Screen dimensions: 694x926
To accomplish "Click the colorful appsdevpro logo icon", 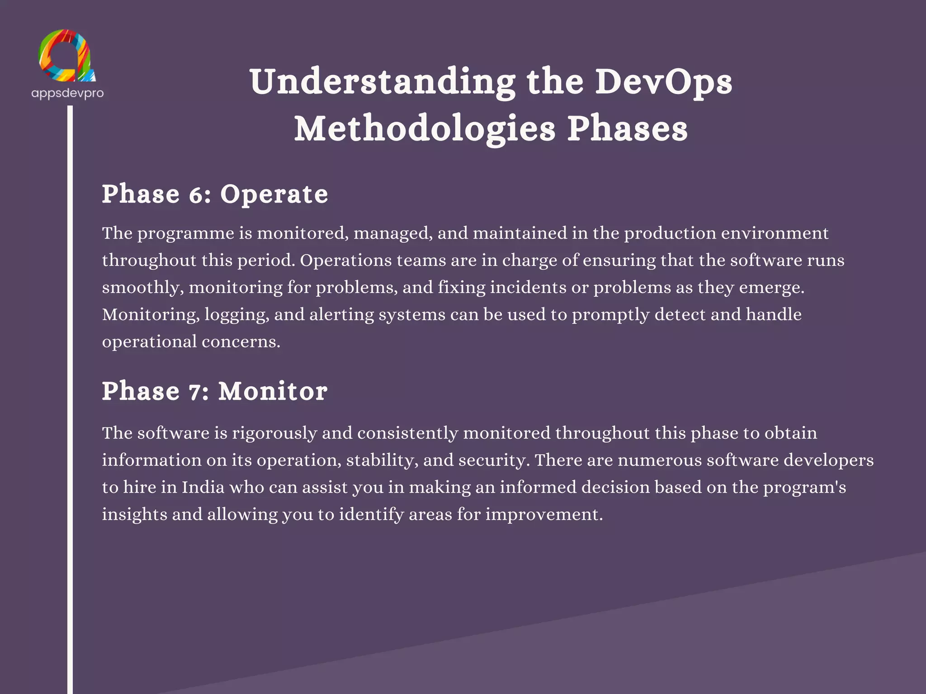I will [67, 56].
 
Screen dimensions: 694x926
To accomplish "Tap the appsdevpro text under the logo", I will [67, 93].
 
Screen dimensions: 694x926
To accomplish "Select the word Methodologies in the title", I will [425, 129].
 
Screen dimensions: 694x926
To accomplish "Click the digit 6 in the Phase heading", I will [197, 195].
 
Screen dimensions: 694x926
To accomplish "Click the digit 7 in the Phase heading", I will [196, 392].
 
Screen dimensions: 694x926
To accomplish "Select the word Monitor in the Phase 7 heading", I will [273, 391].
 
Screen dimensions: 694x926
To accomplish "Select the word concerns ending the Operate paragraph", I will [241, 342].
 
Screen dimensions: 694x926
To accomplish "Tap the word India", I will [203, 487].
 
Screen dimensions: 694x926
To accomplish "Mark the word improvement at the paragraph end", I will [544, 514].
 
